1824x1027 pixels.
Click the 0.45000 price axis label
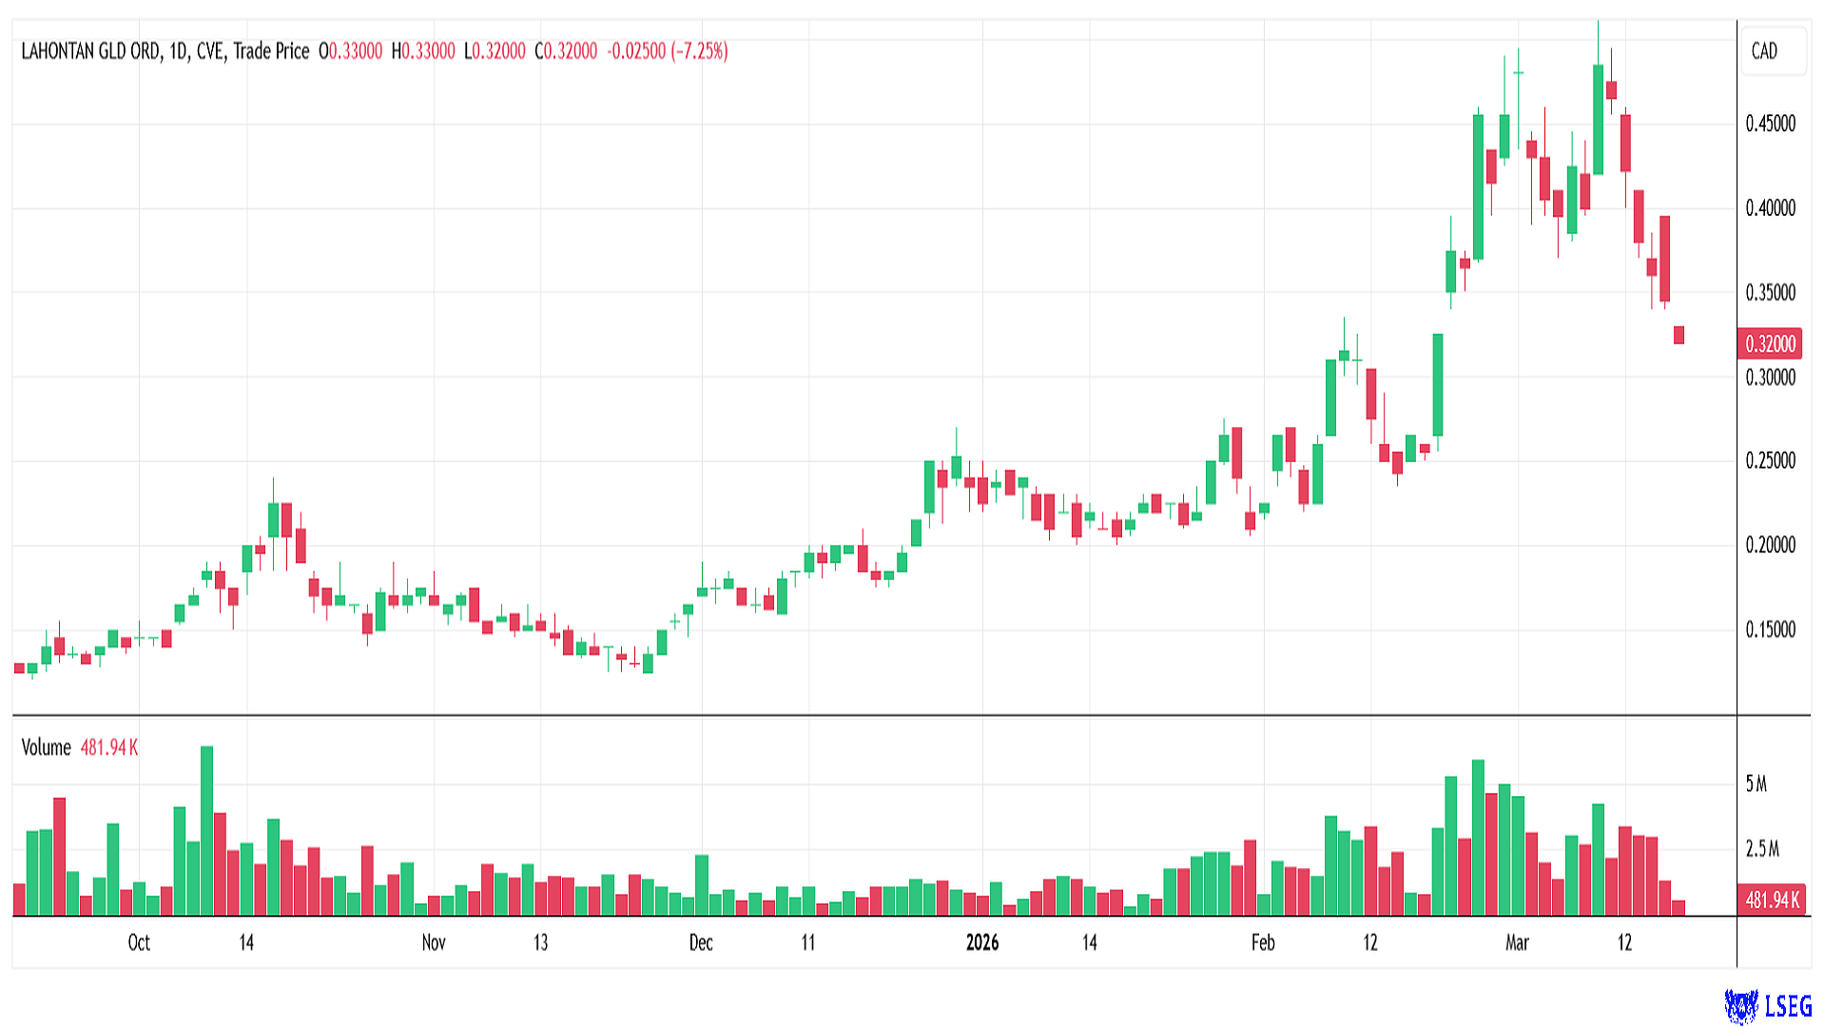click(x=1770, y=124)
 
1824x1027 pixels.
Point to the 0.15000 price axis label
click(x=1770, y=630)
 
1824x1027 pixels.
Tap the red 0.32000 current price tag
click(x=1770, y=343)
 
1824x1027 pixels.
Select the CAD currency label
click(x=1764, y=51)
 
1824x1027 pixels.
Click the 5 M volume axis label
click(x=1756, y=784)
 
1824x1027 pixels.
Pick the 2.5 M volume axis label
click(x=1761, y=848)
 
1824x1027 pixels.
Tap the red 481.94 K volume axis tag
click(x=1772, y=900)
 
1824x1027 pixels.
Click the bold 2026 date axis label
click(x=982, y=942)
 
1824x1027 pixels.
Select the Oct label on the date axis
click(x=139, y=942)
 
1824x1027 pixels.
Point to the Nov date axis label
click(x=434, y=942)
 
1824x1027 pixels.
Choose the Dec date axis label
click(x=701, y=942)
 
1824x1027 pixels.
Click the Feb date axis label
click(x=1263, y=942)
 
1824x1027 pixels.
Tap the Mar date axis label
click(x=1517, y=942)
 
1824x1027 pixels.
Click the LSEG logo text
click(x=1787, y=1005)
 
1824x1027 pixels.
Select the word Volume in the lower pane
click(x=46, y=747)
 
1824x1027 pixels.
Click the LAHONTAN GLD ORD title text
click(x=90, y=51)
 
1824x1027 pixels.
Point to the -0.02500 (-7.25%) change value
click(x=668, y=51)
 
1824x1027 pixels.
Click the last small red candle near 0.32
click(x=1678, y=335)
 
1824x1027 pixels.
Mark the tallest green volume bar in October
click(x=206, y=830)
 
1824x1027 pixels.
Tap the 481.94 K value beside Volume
click(x=109, y=747)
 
